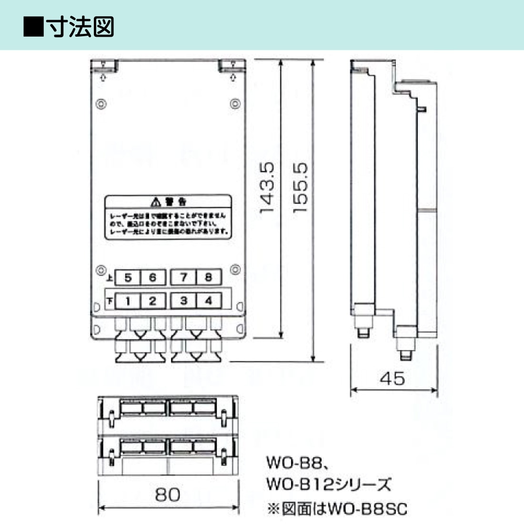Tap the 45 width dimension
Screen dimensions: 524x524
(x=393, y=379)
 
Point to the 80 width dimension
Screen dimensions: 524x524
(x=168, y=494)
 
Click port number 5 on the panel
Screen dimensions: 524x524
(x=128, y=278)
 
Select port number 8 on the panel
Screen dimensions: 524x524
(x=208, y=277)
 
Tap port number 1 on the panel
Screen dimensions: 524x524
(x=128, y=301)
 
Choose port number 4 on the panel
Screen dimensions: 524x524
(x=208, y=301)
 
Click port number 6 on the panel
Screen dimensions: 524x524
(x=152, y=278)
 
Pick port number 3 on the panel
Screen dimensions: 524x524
(x=183, y=301)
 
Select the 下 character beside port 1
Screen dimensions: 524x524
(x=110, y=301)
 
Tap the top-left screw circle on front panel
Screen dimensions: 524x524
(x=101, y=104)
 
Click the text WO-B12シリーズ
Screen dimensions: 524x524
(x=329, y=485)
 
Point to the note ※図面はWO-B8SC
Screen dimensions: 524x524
(x=337, y=509)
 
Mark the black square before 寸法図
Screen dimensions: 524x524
(x=34, y=27)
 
